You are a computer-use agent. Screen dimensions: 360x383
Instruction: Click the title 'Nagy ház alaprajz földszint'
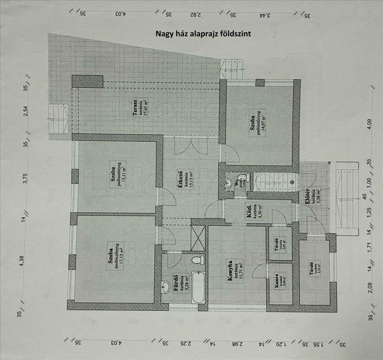pos(203,33)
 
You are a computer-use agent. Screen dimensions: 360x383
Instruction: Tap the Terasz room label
pos(135,108)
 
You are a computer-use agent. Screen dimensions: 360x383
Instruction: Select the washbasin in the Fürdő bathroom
pos(166,287)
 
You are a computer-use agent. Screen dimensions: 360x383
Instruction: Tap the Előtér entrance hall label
pos(308,197)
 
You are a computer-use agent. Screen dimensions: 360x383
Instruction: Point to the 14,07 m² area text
pos(264,125)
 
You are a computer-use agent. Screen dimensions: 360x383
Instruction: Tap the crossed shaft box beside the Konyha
pos(197,237)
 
